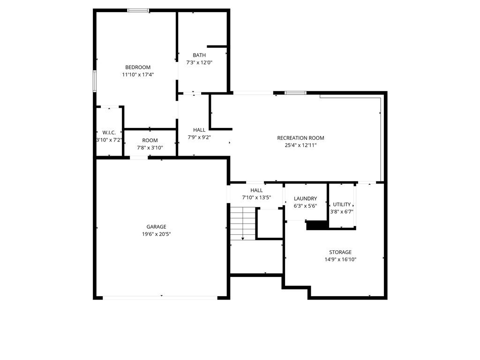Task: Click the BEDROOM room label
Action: point(138,67)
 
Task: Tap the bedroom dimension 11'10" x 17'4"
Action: point(138,75)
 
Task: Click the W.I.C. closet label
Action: point(109,133)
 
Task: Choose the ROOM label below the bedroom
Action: point(150,141)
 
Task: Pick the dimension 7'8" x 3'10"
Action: point(150,148)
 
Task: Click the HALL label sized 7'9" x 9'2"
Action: point(199,130)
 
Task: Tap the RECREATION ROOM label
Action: point(300,138)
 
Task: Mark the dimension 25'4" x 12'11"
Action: point(300,145)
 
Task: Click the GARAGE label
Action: point(156,227)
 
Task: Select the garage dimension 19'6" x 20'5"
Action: point(156,234)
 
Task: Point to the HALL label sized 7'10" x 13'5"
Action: point(256,190)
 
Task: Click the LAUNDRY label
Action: point(305,199)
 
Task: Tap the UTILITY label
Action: point(342,204)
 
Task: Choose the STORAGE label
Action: point(340,252)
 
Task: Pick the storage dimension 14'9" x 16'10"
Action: point(340,260)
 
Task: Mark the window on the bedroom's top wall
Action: point(138,10)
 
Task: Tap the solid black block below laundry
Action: point(316,225)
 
